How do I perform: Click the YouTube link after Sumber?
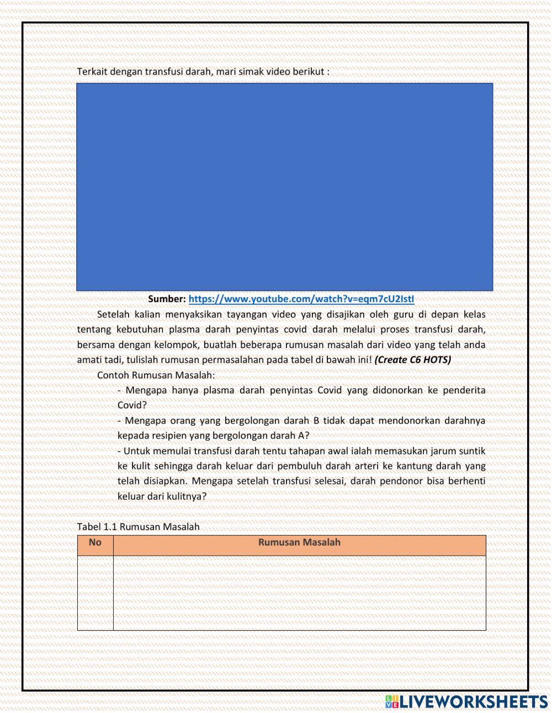tap(301, 299)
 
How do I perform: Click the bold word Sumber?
tap(167, 299)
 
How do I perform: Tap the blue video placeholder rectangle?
tap(284, 187)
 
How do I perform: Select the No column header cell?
tap(95, 543)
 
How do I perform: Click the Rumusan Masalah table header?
tap(299, 543)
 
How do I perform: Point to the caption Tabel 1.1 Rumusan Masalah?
tap(138, 527)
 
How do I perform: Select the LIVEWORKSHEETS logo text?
tap(473, 701)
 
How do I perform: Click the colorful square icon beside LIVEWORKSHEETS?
tap(392, 701)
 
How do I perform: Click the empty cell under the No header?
tap(95, 593)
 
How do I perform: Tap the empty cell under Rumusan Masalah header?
tap(299, 593)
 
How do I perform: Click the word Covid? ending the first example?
tap(132, 405)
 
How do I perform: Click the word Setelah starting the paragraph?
tap(113, 315)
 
